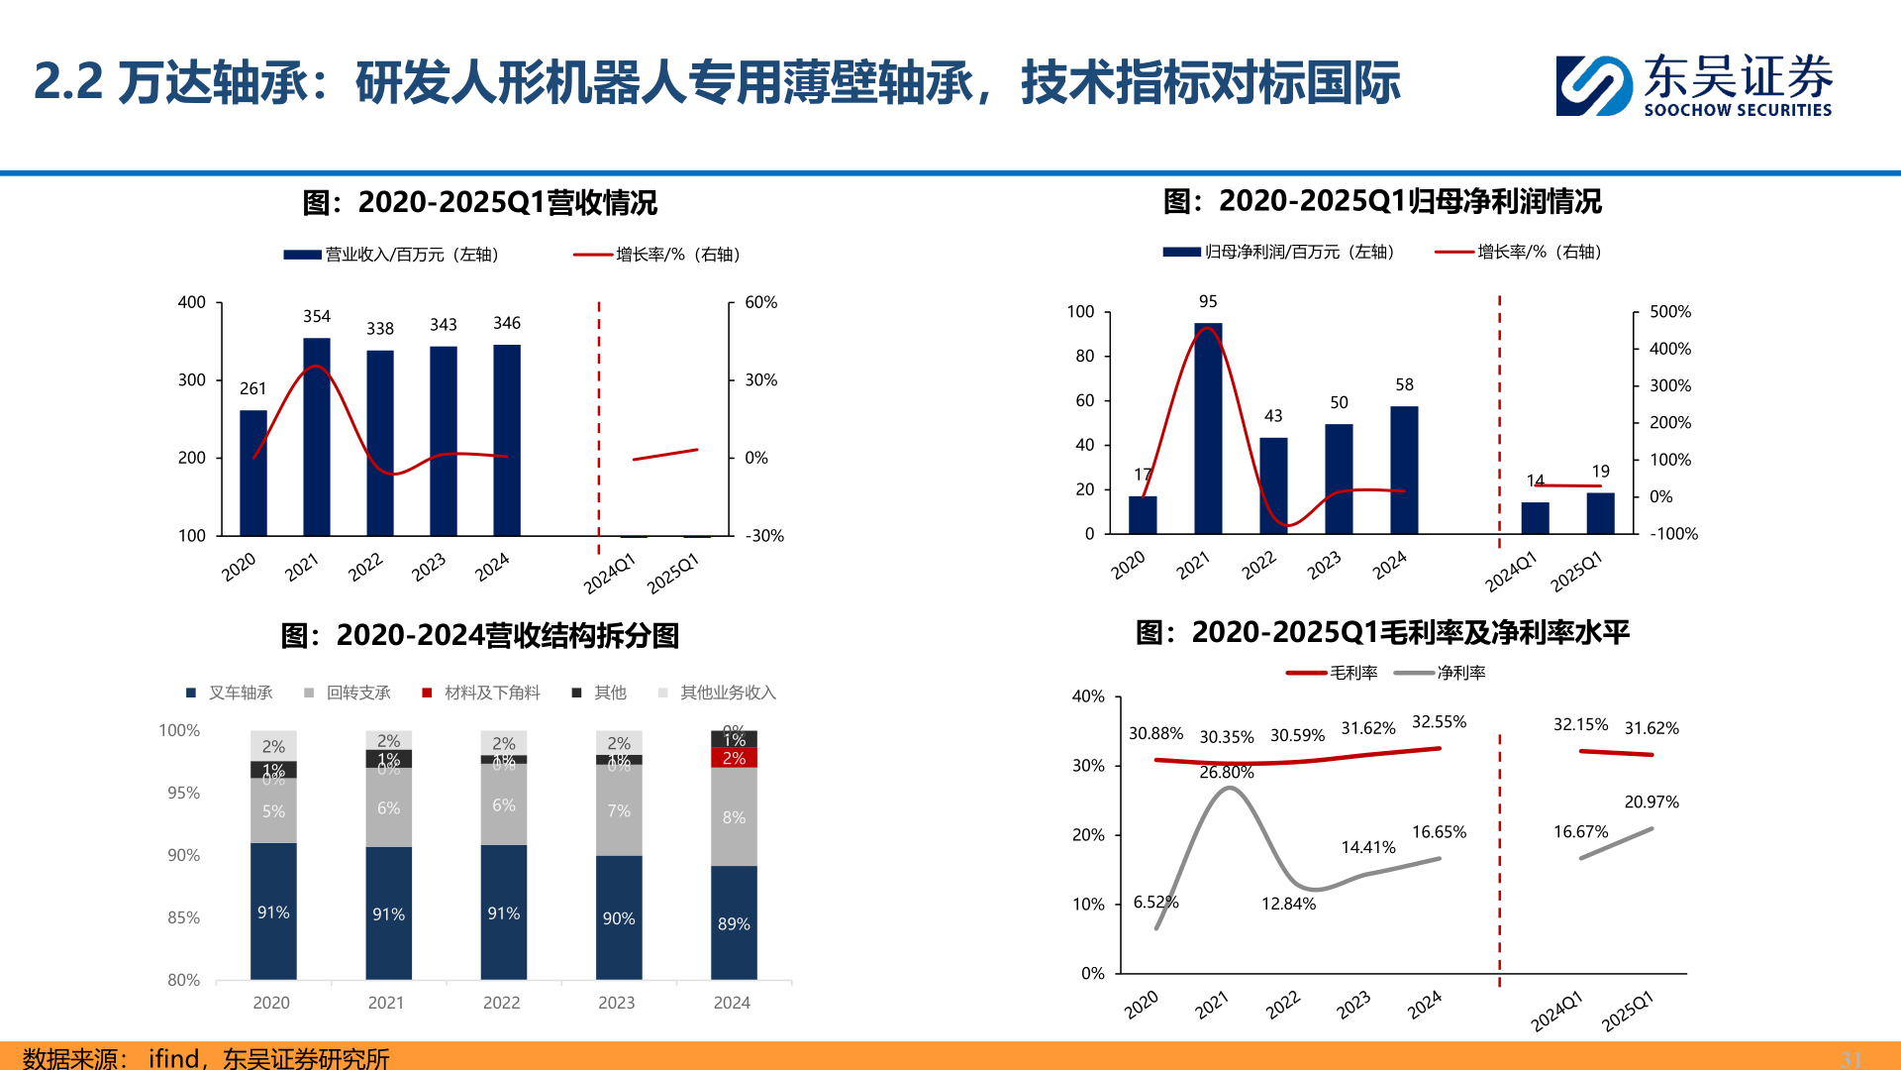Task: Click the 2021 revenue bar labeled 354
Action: [x=317, y=436]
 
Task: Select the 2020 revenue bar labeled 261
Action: [x=253, y=473]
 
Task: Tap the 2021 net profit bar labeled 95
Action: [x=1208, y=428]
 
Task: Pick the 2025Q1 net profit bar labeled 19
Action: [x=1600, y=513]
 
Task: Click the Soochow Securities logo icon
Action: [x=1593, y=86]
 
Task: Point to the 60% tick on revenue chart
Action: [x=760, y=302]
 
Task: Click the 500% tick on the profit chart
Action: [x=1669, y=312]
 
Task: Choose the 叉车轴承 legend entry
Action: [x=230, y=693]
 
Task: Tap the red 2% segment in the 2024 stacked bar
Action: [x=734, y=758]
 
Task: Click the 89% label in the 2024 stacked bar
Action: [x=734, y=923]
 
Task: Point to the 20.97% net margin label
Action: [x=1651, y=802]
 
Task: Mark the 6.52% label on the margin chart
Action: [x=1155, y=902]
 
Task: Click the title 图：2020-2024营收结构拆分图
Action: [x=480, y=635]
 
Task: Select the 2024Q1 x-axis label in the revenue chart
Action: [x=608, y=574]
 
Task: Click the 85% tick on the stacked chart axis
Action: [x=183, y=917]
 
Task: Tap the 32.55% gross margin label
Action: [x=1439, y=721]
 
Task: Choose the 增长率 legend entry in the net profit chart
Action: [x=1519, y=252]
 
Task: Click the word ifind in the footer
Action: [x=173, y=1058]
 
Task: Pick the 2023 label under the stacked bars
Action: [x=616, y=1003]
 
